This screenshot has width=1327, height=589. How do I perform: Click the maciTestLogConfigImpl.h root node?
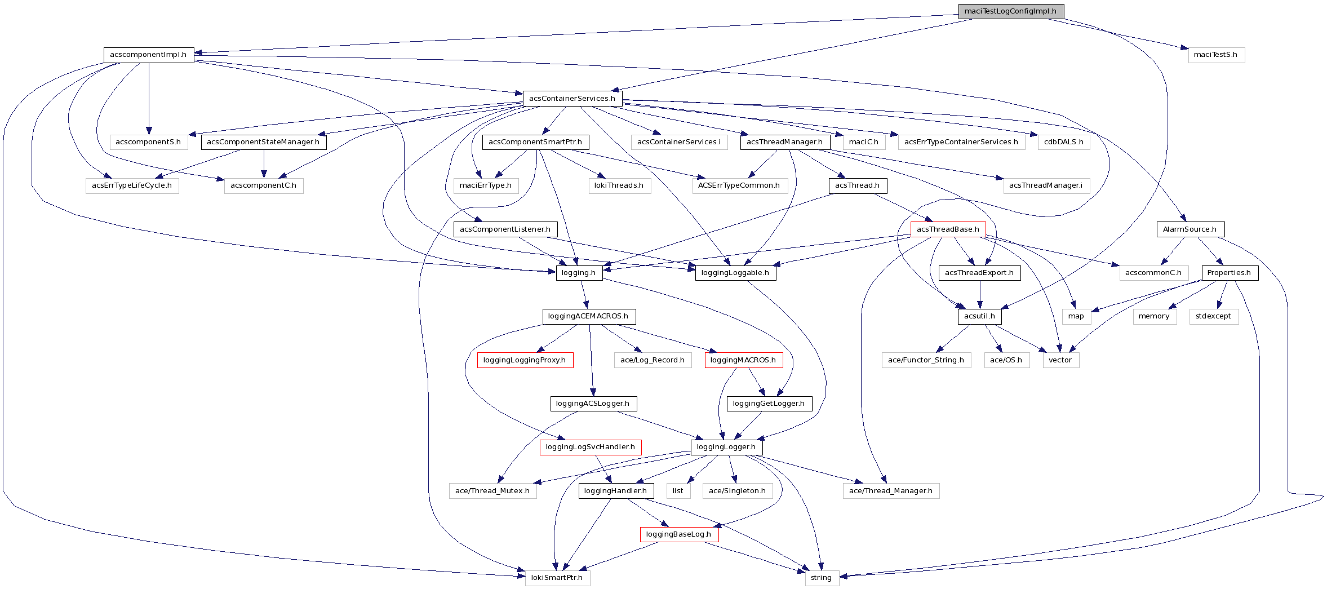pos(1010,11)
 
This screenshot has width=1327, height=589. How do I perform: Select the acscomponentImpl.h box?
pos(148,55)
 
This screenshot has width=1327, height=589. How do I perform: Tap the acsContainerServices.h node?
pos(572,98)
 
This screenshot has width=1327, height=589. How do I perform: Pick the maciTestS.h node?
pos(1215,55)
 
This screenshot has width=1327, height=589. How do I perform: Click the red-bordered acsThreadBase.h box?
pos(948,229)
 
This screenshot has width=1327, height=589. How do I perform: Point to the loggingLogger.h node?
pos(726,447)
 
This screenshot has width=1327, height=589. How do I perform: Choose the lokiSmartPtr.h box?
pos(557,578)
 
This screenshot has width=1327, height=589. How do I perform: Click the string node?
pos(821,578)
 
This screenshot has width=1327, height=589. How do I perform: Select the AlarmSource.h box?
pos(1190,229)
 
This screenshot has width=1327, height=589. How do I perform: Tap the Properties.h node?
pos(1229,273)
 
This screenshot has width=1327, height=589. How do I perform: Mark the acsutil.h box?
pos(979,316)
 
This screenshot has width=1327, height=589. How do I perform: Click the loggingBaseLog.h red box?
pos(678,534)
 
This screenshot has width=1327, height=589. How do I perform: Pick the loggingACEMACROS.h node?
pos(588,316)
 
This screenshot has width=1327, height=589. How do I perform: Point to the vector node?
pos(1060,360)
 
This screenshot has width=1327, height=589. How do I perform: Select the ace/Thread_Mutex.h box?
pos(492,491)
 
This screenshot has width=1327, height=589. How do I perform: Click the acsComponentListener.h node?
pos(505,229)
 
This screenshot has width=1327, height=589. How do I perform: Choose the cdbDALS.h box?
pos(1063,142)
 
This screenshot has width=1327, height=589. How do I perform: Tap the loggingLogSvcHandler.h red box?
pos(590,447)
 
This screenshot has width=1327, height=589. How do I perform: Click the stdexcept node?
pos(1213,316)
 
